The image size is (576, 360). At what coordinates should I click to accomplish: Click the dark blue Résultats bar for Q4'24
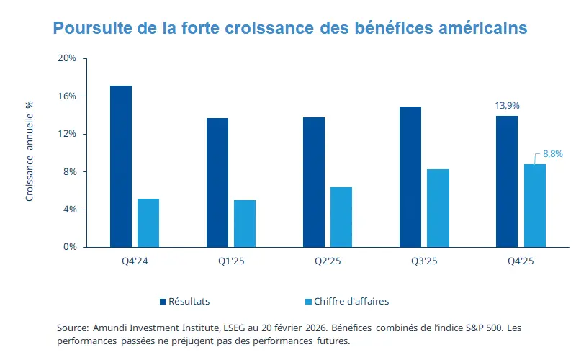[x=121, y=166]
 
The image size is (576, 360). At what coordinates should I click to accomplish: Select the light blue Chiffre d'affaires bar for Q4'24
[x=148, y=222]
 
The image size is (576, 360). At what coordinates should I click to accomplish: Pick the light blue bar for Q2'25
[x=341, y=217]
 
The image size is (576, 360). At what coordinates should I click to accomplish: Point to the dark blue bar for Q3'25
[x=410, y=176]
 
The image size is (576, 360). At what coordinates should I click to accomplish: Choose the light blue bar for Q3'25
[x=438, y=208]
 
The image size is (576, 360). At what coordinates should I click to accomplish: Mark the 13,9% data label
[x=506, y=106]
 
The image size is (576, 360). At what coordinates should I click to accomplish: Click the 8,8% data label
[x=552, y=153]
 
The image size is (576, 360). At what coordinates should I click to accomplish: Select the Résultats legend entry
[x=189, y=301]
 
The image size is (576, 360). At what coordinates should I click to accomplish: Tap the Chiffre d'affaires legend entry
[x=346, y=301]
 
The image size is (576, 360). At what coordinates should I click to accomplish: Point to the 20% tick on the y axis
[x=66, y=58]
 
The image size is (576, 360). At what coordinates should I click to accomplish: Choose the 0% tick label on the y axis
[x=69, y=247]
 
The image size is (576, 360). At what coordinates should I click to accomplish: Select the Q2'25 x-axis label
[x=328, y=261]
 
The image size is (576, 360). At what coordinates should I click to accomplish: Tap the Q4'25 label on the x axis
[x=521, y=261]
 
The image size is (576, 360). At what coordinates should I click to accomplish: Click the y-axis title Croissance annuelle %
[x=30, y=150]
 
